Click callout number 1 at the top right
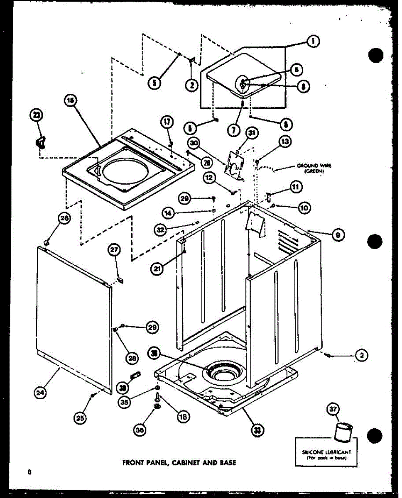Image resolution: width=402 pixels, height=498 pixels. (312, 41)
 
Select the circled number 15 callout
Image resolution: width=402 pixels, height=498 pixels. (71, 101)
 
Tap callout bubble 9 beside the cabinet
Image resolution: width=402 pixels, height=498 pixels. (338, 235)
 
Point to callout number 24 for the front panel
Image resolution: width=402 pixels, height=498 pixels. (40, 392)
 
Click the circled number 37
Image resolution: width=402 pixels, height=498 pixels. (334, 410)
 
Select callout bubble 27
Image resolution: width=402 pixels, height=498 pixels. (114, 250)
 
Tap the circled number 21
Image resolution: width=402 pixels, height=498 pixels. (157, 269)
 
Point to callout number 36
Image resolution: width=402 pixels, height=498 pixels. (140, 431)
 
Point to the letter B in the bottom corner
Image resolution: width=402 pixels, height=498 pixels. (29, 472)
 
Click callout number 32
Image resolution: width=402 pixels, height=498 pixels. (161, 229)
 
